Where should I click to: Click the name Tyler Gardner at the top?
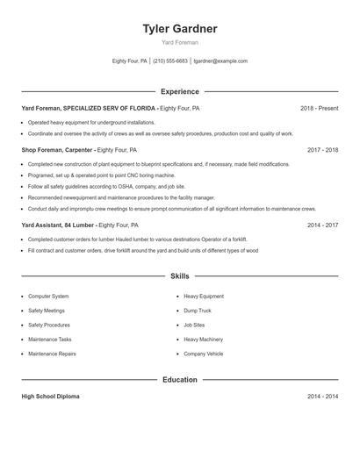pos(180,29)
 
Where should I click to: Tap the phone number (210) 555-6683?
pos(170,61)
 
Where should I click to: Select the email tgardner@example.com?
pos(220,61)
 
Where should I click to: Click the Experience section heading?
pos(180,91)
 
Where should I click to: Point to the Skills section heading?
pos(180,276)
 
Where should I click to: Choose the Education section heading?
pos(180,380)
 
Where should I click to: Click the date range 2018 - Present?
pos(319,108)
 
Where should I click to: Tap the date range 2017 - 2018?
pos(322,150)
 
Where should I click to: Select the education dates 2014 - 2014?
pos(322,397)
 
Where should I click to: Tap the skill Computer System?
pos(48,297)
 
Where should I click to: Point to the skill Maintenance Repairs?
pos(52,354)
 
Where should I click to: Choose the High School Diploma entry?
pos(50,397)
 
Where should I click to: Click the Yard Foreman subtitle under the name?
pos(180,42)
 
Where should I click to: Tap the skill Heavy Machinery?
pos(202,340)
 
